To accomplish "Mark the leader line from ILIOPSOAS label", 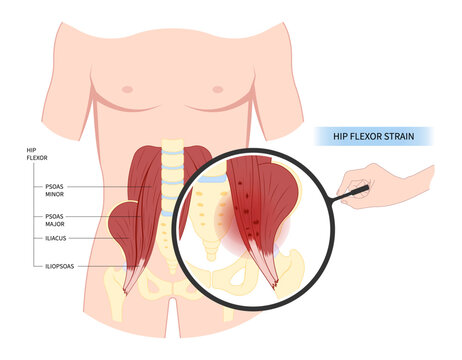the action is click(95, 267).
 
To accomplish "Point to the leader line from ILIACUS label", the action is click(90, 239).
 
